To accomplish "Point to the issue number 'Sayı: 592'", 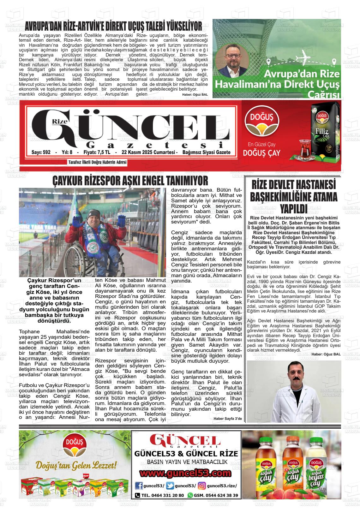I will (41, 152).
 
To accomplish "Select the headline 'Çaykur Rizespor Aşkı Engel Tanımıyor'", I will (130, 181).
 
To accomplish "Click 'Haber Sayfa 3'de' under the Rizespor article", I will (227, 419).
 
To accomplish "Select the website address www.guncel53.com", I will (186, 474).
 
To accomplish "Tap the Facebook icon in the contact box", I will (139, 486).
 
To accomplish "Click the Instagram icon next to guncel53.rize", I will (202, 486).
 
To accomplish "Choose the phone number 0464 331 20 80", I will (163, 495).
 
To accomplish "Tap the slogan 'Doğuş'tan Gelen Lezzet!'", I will (76, 465).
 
